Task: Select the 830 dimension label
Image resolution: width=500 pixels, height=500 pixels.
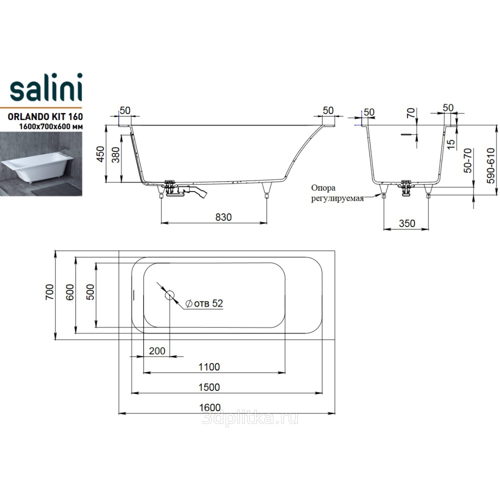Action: (x=223, y=217)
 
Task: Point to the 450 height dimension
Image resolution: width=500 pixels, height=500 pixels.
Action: (x=100, y=154)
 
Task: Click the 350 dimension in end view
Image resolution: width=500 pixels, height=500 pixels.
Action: (x=407, y=223)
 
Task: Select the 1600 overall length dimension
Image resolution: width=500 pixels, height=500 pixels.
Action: (x=210, y=407)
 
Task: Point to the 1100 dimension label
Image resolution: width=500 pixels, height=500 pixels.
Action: (x=209, y=367)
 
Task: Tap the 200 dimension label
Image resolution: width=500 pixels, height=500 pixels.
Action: (x=157, y=351)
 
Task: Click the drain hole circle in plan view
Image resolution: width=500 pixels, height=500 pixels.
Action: (x=170, y=294)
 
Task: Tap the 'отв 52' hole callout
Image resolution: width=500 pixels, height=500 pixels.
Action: (x=204, y=303)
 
